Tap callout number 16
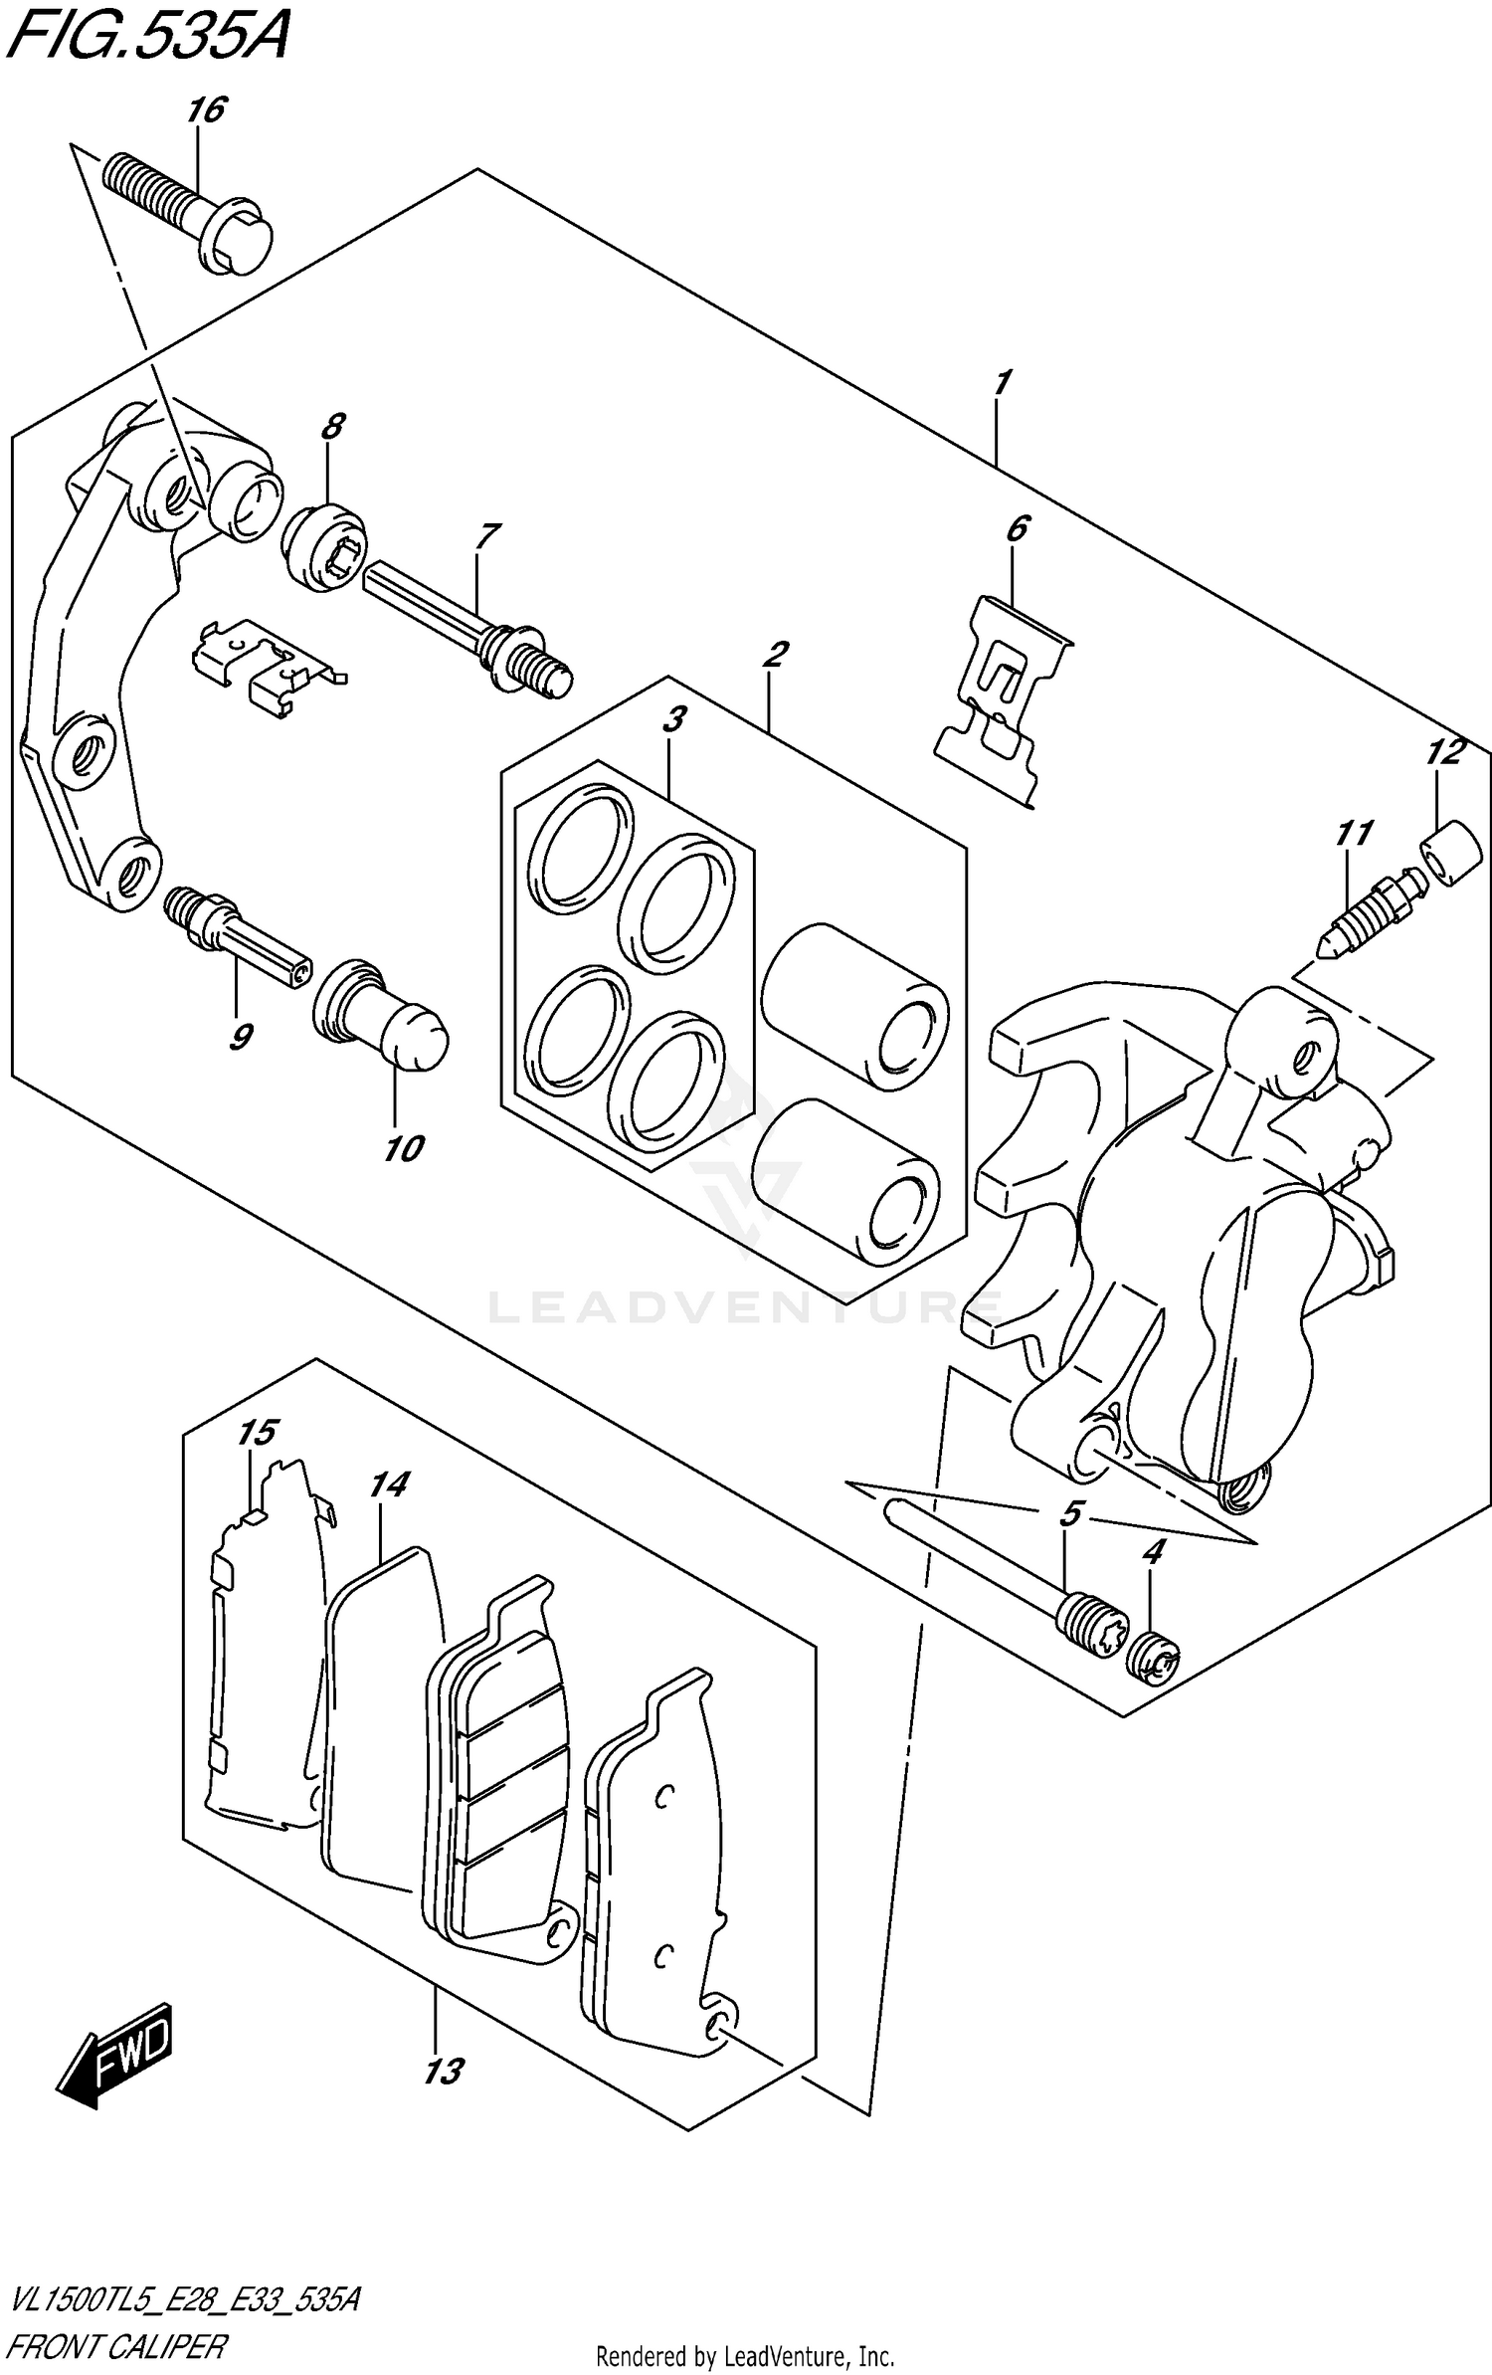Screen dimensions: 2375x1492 (x=206, y=110)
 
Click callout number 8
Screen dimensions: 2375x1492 (x=332, y=427)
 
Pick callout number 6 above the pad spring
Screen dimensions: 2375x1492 (x=1017, y=528)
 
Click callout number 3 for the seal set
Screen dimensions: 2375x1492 (x=673, y=718)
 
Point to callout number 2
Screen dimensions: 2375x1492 (x=775, y=654)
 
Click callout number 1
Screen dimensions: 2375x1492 (x=1001, y=381)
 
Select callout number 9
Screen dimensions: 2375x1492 (x=239, y=1037)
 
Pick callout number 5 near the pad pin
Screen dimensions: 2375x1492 (x=1069, y=1514)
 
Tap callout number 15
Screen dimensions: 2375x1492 (x=256, y=1433)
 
